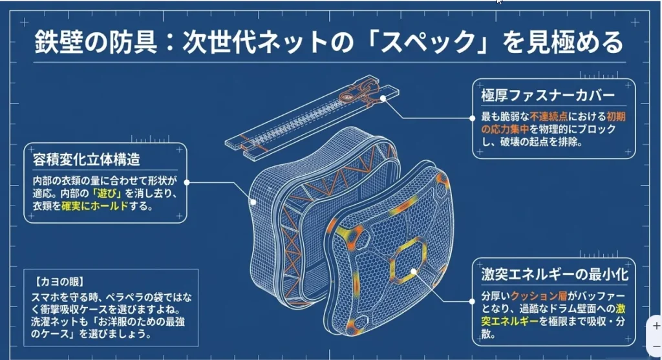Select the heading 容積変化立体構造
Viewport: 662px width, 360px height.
pos(86,158)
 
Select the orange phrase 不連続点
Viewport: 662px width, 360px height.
pos(548,117)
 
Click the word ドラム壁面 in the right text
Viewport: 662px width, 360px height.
pos(575,308)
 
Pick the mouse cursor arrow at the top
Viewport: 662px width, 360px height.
pos(499,3)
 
